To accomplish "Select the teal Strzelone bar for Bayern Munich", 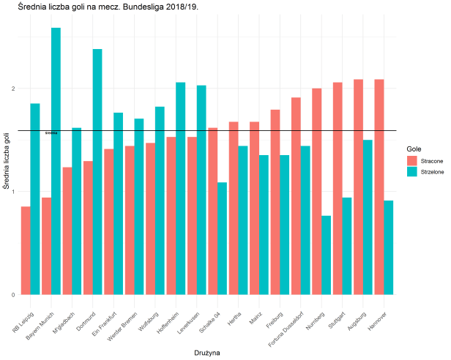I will point(56,161).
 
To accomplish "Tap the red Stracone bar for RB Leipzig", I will point(26,250).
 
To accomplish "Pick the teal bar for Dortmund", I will point(97,172).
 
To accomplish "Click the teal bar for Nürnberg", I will point(327,255).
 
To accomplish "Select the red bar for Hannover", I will point(379,187).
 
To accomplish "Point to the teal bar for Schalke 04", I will point(223,239).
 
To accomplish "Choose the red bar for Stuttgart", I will point(337,188).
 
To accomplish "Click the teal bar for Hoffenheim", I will point(181,189).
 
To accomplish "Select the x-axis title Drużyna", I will point(207,352).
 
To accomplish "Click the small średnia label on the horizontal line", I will point(51,133).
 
